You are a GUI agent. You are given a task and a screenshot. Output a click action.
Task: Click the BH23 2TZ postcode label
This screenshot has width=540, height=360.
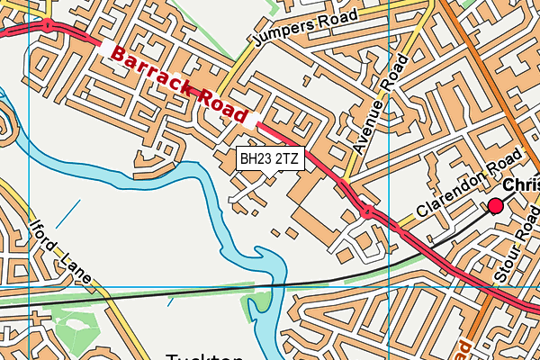tap(270, 159)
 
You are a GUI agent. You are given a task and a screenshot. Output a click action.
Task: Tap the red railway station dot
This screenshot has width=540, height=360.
tap(495, 206)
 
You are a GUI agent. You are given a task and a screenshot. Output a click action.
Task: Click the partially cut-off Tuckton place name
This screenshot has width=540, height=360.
tap(206, 353)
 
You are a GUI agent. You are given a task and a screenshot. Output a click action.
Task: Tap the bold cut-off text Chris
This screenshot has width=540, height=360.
tap(521, 184)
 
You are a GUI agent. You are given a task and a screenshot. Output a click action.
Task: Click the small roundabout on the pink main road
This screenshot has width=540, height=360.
tap(366, 211)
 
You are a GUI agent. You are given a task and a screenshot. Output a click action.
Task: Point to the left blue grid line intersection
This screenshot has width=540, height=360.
tap(30, 287)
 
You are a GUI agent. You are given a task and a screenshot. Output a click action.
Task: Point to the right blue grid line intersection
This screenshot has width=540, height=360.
tap(389, 287)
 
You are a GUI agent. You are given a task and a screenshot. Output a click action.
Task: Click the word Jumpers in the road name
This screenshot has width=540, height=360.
tap(280, 35)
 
